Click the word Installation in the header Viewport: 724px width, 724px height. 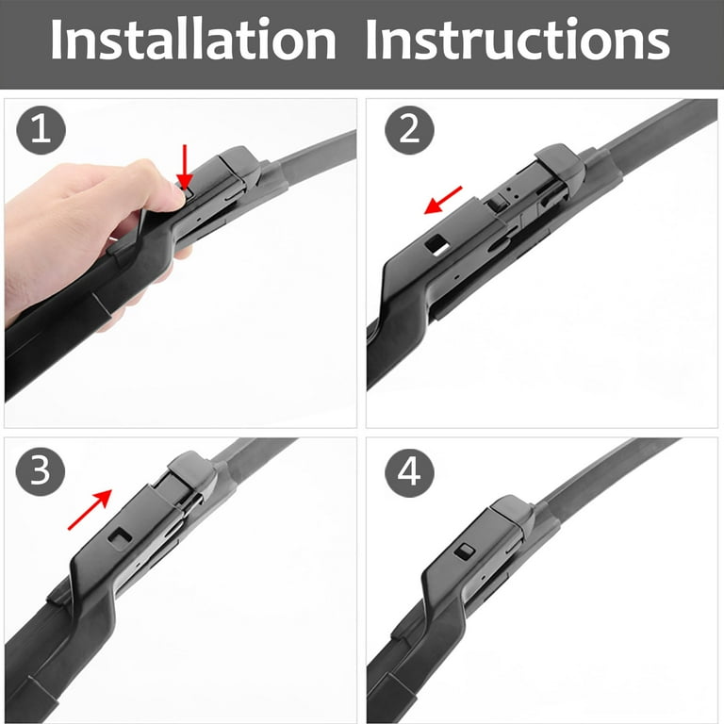(192, 42)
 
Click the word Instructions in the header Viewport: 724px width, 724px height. (517, 42)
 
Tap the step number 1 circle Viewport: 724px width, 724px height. (40, 129)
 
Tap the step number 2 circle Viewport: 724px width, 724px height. (409, 129)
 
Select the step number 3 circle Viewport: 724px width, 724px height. (40, 471)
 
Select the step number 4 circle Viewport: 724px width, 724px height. (409, 471)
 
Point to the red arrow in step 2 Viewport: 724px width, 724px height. (443, 200)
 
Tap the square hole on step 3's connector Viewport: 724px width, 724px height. (120, 536)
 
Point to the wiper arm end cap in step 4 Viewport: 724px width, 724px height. (514, 514)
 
